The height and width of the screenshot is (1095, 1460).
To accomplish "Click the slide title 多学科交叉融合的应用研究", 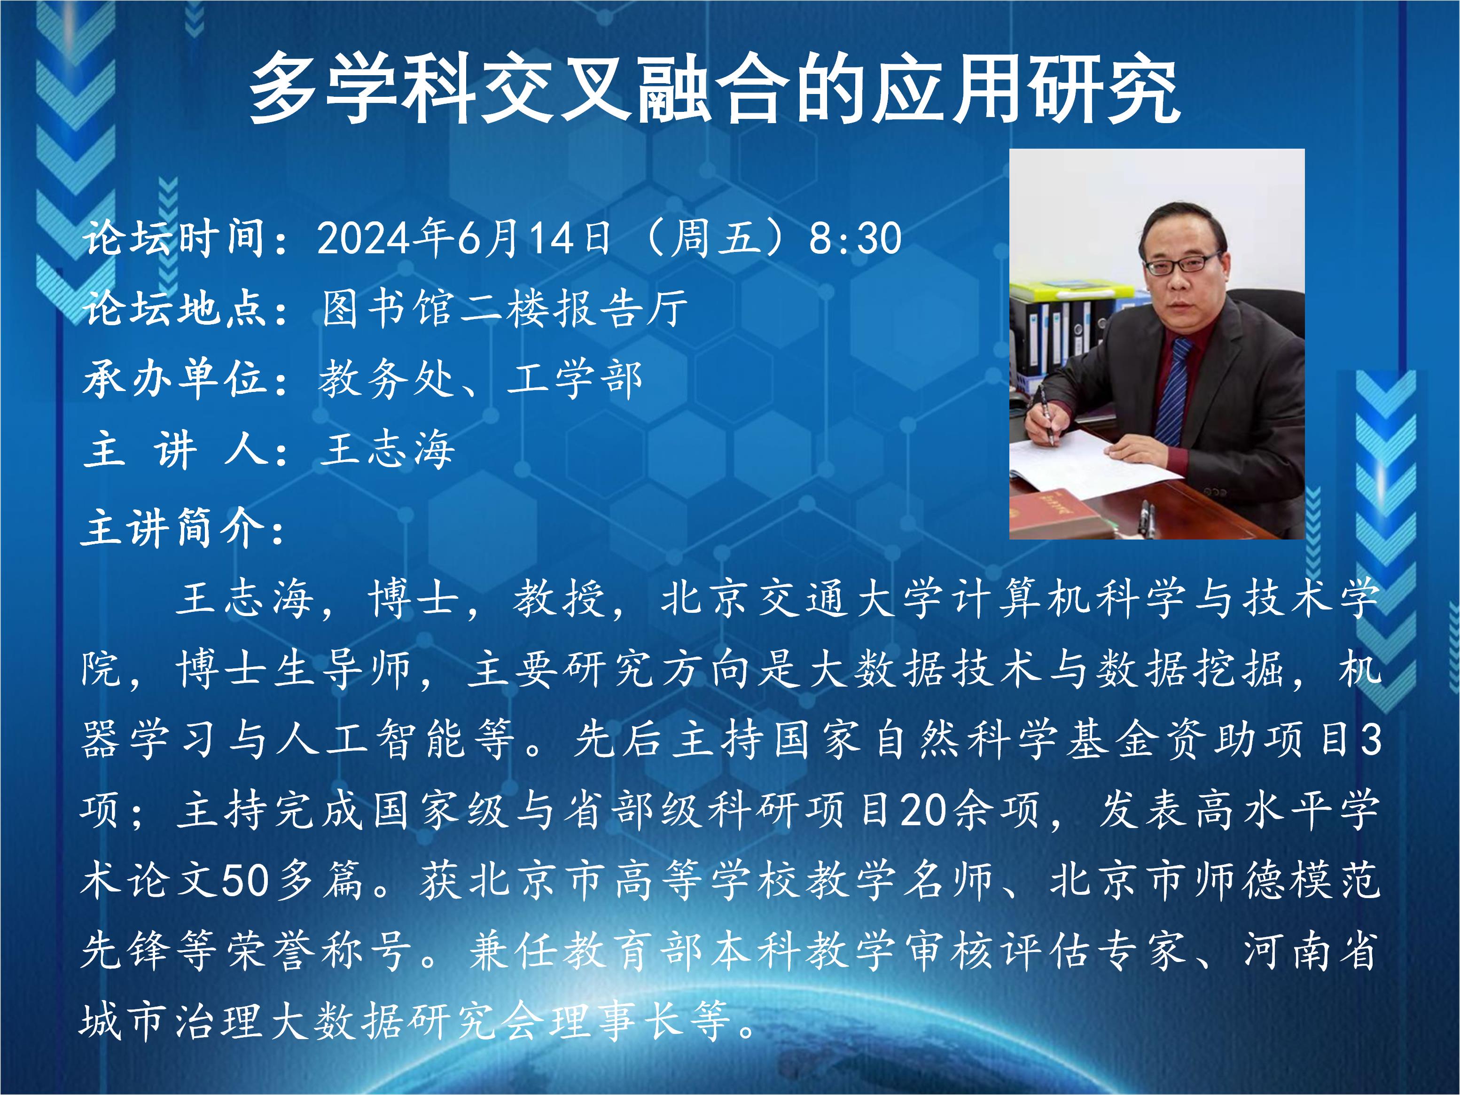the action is coord(714,90).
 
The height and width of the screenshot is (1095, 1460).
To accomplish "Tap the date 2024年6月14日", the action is coord(463,238).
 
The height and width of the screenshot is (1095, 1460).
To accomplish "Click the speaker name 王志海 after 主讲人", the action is coord(388,449).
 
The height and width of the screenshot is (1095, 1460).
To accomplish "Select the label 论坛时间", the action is coord(175,238).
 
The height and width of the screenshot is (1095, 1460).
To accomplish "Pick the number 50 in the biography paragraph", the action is coord(245,881).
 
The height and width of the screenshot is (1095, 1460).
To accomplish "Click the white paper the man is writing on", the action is coord(1089,462).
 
